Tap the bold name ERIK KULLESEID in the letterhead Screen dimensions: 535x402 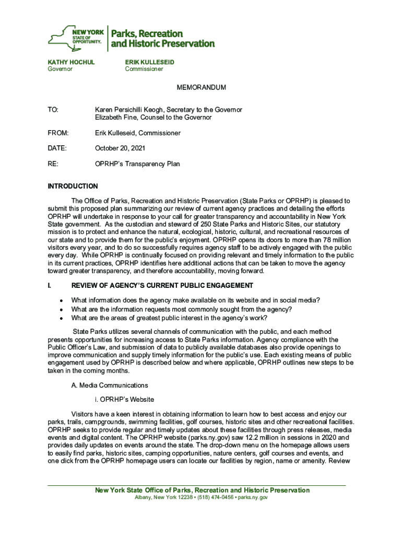149,62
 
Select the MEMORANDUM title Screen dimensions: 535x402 201,88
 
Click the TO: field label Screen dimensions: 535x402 53,110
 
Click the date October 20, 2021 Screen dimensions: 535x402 120,149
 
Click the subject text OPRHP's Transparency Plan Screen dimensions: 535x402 137,164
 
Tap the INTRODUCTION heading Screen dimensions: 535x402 73,187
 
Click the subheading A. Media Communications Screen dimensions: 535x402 110,386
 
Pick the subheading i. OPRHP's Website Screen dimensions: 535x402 124,400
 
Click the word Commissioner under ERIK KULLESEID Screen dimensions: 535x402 144,69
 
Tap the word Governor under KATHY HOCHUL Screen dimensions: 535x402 61,69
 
